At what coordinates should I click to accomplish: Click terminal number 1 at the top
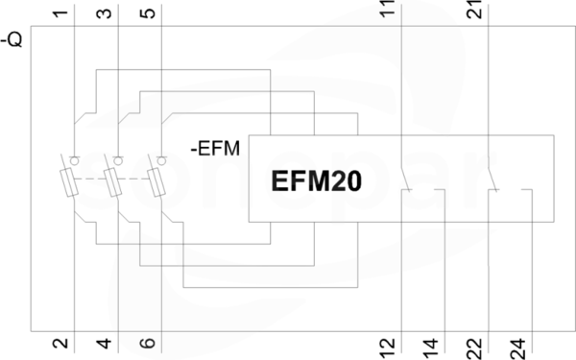[60, 13]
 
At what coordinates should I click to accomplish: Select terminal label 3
[105, 13]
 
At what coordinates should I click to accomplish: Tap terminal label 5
[148, 13]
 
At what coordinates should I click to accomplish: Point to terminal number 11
[388, 8]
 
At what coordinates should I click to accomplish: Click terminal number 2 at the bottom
[60, 343]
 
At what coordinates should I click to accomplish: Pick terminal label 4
[105, 344]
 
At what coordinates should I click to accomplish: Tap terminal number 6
[148, 343]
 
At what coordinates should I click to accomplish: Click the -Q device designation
[12, 39]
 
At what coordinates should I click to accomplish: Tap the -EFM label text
[215, 149]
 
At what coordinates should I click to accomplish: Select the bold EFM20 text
[316, 181]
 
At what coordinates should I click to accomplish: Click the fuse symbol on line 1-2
[69, 182]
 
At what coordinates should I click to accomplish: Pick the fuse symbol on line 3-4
[112, 182]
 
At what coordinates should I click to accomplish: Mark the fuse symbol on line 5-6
[156, 182]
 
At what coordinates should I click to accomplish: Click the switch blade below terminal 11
[405, 180]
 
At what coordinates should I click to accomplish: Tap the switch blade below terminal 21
[492, 180]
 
